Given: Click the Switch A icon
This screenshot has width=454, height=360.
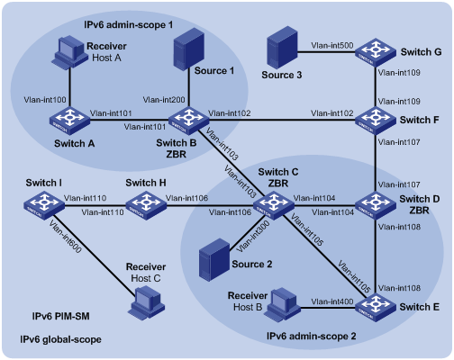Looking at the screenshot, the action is tap(69, 121).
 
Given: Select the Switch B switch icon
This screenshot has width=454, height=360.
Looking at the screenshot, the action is tap(189, 121).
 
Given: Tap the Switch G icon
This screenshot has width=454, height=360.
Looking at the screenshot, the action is tap(376, 52).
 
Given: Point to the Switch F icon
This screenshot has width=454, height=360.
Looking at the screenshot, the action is tap(376, 121).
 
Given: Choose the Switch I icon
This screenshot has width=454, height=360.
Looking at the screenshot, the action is tap(44, 205).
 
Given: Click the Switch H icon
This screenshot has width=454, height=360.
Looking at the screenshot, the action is tap(146, 205).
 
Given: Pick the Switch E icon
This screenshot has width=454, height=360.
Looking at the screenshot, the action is tap(376, 307).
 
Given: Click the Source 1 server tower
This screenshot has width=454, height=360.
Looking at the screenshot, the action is tap(189, 49).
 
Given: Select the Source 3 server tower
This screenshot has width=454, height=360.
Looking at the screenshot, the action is tap(282, 47).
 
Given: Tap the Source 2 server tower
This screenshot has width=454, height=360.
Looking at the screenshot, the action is tap(214, 260).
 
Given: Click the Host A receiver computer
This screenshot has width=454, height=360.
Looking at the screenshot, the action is tap(68, 52).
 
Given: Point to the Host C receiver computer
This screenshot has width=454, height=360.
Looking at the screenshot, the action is tap(148, 302).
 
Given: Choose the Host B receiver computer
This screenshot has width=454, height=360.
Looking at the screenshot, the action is tap(283, 305).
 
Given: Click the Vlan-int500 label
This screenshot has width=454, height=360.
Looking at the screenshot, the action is tap(332, 46).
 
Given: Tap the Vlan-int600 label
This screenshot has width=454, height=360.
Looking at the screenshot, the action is tap(65, 237).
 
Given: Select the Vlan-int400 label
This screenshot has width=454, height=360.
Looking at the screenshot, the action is tap(332, 301).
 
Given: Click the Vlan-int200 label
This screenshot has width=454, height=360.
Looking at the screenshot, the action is tap(164, 100).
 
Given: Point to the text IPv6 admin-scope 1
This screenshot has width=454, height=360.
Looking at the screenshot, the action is tap(129, 24).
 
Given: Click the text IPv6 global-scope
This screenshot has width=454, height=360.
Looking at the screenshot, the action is tap(60, 339).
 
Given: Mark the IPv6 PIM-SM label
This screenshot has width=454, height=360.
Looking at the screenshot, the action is tap(60, 316).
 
